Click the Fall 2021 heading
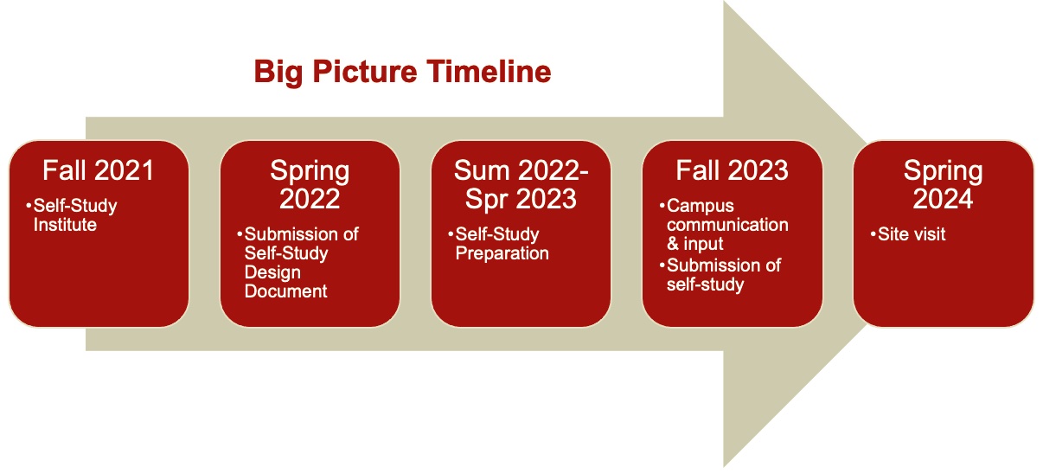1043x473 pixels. pos(99,171)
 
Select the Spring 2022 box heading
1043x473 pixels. pos(310,185)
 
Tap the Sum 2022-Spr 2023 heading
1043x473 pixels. pos(521,185)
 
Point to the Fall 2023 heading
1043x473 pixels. pos(733,171)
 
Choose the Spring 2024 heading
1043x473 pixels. pos(943,185)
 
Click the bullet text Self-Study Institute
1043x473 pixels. pos(74,216)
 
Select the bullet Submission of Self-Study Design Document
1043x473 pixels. pos(298,263)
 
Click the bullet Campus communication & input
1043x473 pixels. pos(725,225)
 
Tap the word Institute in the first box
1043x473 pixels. pos(65,226)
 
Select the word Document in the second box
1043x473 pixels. pos(285,291)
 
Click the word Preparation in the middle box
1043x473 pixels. pos(502,253)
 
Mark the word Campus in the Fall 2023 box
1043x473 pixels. pos(701,207)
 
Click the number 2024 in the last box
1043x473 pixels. pos(943,200)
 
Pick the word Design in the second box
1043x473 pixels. pos(272,272)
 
